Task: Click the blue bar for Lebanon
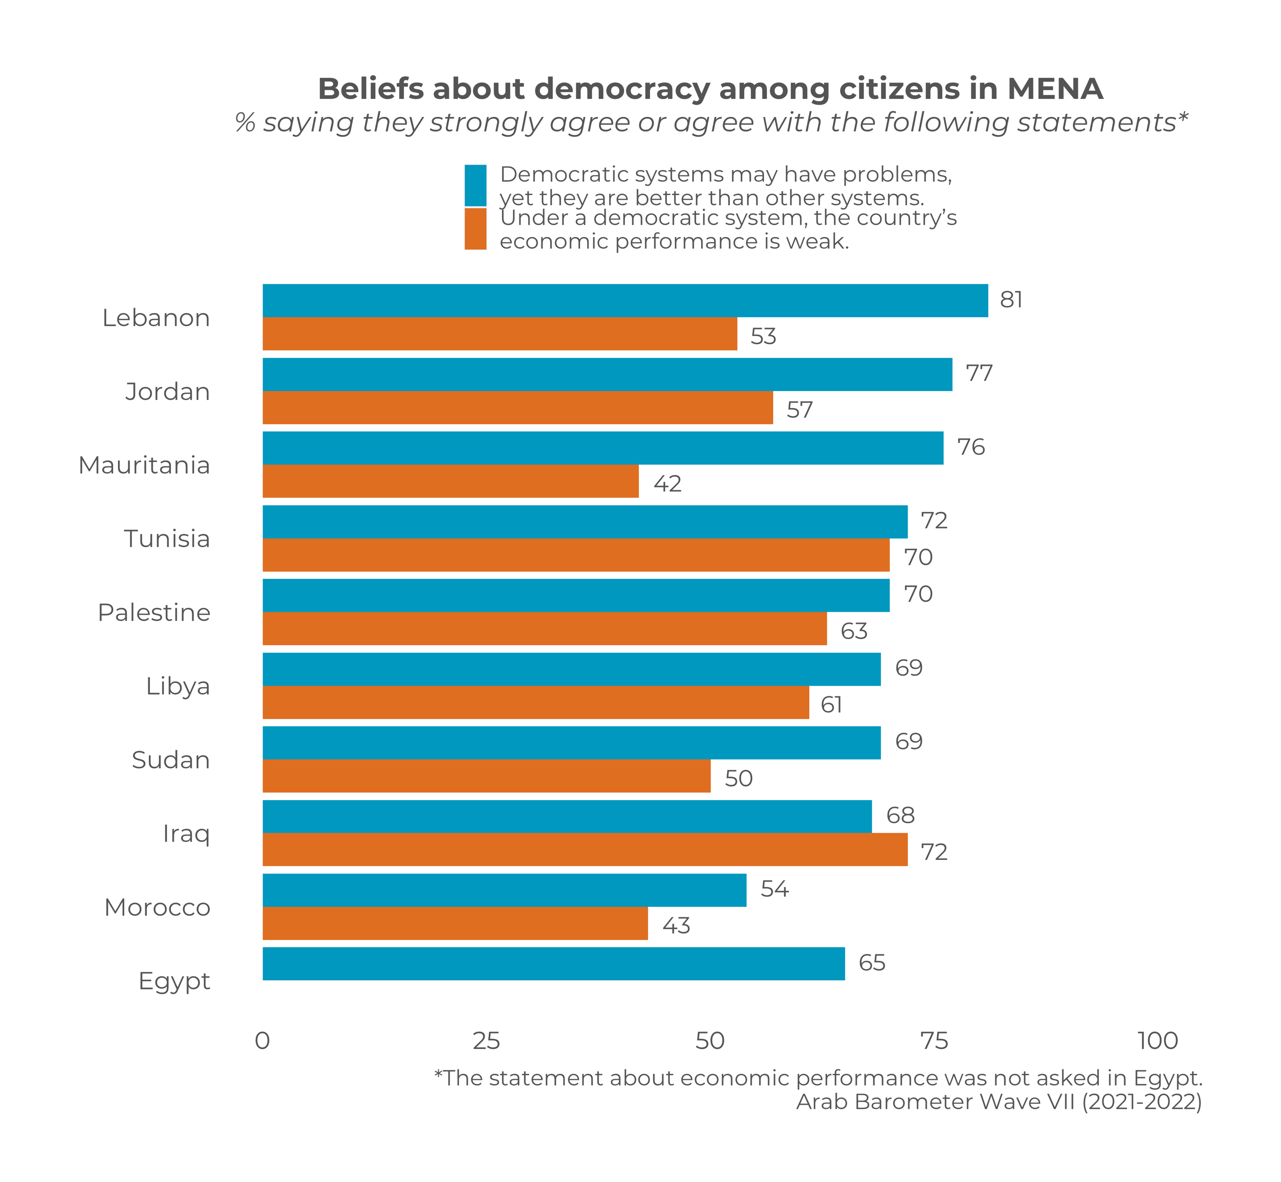click(x=625, y=301)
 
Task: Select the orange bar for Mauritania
click(x=450, y=481)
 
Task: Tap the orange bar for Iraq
click(x=585, y=850)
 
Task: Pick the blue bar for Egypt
click(x=553, y=963)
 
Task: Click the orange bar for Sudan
click(x=486, y=776)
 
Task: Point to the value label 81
click(x=1011, y=299)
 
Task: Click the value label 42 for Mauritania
click(x=667, y=484)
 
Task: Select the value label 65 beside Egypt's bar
click(x=871, y=963)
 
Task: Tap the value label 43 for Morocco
click(x=676, y=925)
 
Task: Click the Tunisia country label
click(x=167, y=539)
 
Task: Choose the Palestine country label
click(x=154, y=612)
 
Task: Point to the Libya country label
click(x=178, y=686)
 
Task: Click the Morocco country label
click(x=157, y=907)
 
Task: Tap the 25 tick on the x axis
click(x=486, y=1041)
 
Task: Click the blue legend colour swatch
click(x=475, y=185)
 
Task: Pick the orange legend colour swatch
click(x=475, y=229)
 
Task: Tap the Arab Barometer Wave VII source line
click(x=999, y=1102)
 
